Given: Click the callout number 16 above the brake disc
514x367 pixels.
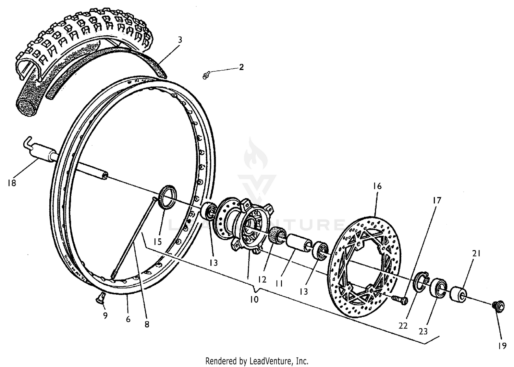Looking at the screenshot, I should pyautogui.click(x=377, y=186).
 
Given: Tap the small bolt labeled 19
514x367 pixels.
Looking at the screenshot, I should pyautogui.click(x=497, y=305).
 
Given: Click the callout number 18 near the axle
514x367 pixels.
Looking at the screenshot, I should pyautogui.click(x=11, y=183).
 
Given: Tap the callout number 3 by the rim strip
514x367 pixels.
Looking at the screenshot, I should pyautogui.click(x=180, y=40).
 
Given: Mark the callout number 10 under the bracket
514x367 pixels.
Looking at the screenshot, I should pyautogui.click(x=254, y=299).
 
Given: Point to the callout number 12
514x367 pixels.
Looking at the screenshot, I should pyautogui.click(x=262, y=280).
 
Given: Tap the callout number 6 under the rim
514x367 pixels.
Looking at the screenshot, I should pyautogui.click(x=128, y=319).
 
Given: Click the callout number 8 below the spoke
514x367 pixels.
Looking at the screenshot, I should pyautogui.click(x=147, y=324).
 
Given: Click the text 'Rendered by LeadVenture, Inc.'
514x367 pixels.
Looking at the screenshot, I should pyautogui.click(x=257, y=361).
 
